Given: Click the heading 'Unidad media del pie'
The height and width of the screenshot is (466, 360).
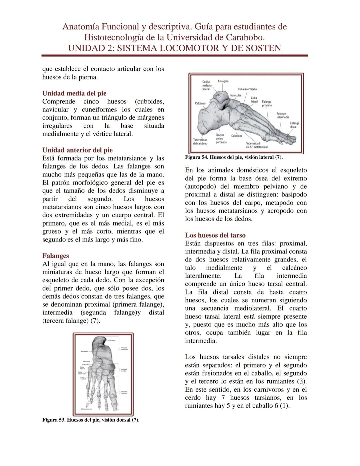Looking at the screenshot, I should tap(74, 93).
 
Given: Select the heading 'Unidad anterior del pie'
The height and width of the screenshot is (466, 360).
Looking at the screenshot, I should tap(77, 150).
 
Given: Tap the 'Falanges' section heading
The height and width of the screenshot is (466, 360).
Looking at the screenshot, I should tap(55, 256).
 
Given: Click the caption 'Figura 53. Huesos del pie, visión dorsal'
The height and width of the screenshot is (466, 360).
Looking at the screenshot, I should tap(91, 420).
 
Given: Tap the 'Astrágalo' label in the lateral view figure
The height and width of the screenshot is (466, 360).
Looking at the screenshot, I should tap(223, 81).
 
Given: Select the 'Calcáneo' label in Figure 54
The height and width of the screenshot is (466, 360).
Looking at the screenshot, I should tap(200, 103).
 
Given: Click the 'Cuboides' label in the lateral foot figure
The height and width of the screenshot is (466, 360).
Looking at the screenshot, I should tap(237, 136).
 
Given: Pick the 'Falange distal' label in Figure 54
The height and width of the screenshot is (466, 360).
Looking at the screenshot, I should tap(294, 125).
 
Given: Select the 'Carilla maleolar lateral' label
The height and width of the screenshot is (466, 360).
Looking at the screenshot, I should tap(206, 85).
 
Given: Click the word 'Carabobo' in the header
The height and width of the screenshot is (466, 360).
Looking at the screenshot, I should tap(246, 37).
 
